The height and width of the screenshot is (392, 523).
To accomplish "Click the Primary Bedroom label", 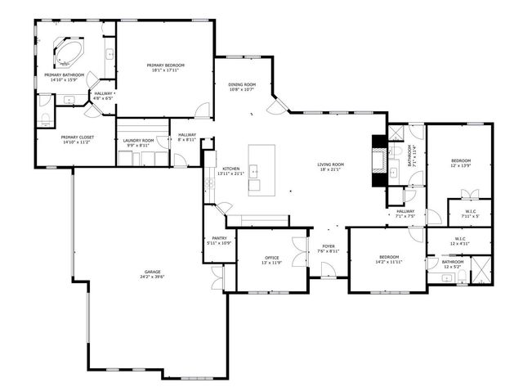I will pyautogui.click(x=166, y=65).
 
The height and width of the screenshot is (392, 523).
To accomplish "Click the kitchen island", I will pyautogui.click(x=261, y=168).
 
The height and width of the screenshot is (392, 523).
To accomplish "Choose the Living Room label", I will pyautogui.click(x=331, y=164).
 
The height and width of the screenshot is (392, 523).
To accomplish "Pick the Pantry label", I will pyautogui.click(x=219, y=237).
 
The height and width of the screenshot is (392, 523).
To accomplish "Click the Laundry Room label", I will pyautogui.click(x=138, y=140).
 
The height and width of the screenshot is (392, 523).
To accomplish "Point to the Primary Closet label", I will pyautogui.click(x=75, y=137).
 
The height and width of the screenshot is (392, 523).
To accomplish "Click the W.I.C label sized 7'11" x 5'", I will pyautogui.click(x=471, y=212).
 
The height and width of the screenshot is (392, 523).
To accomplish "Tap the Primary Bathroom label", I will pyautogui.click(x=64, y=74).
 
